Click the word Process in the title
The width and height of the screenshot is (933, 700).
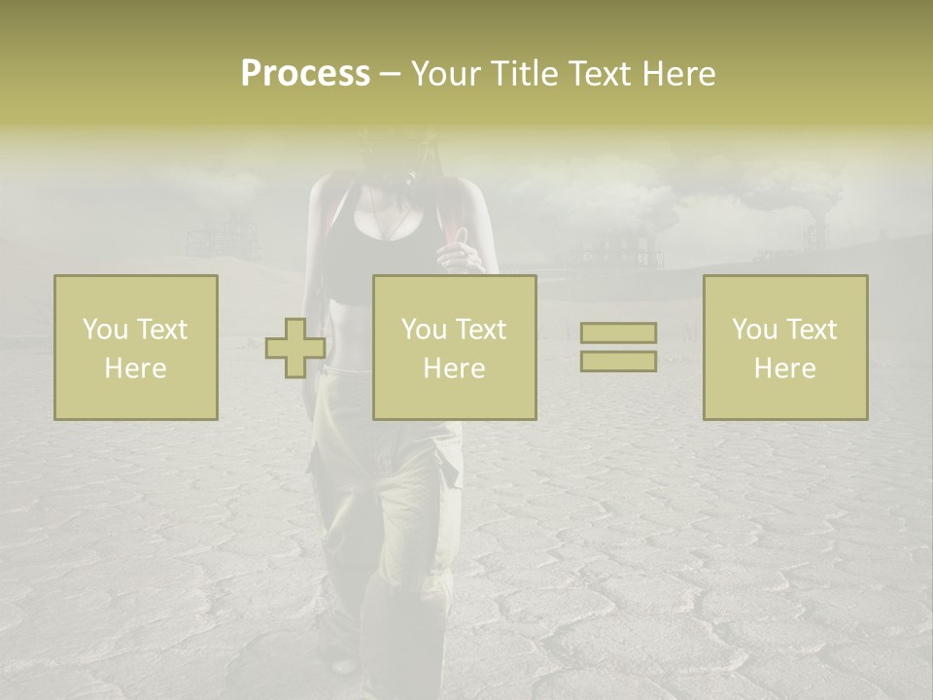(x=305, y=74)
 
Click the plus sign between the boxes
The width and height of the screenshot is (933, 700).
(x=295, y=348)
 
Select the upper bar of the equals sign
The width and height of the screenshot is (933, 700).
(x=618, y=332)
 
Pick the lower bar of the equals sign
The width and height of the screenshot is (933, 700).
(x=618, y=361)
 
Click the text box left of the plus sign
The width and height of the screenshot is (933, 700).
(x=135, y=347)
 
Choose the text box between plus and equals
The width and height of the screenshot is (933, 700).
(x=454, y=347)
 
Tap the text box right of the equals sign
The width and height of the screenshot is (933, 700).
(x=784, y=347)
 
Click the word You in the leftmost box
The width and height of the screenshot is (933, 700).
(x=105, y=330)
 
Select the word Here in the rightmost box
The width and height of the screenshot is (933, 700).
(x=784, y=368)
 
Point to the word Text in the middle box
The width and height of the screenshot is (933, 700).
(x=481, y=330)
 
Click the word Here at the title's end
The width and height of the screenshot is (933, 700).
(x=679, y=74)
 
